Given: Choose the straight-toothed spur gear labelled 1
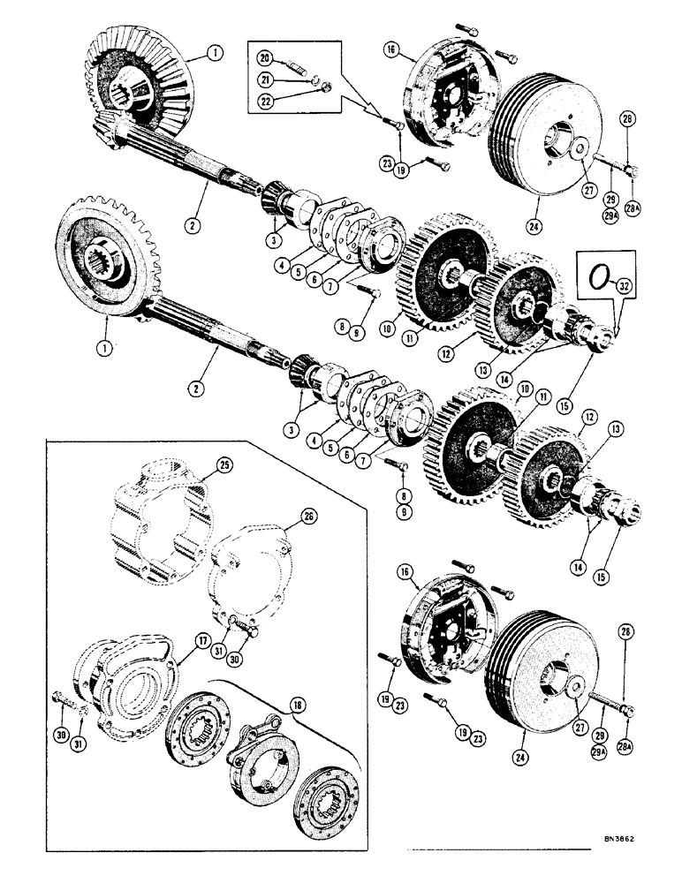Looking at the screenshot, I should tap(106, 265).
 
